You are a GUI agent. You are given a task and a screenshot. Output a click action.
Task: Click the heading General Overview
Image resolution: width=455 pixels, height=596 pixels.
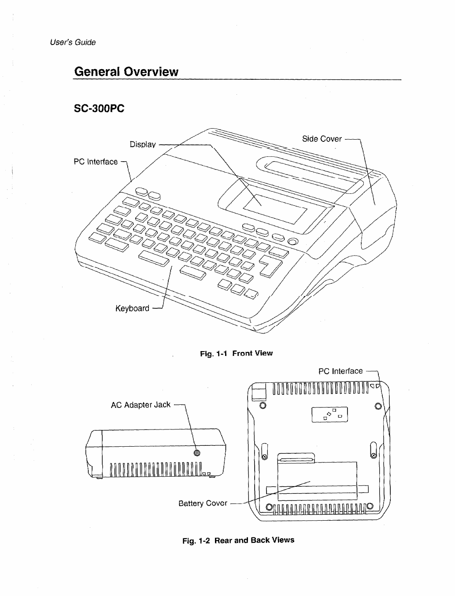[x=126, y=71]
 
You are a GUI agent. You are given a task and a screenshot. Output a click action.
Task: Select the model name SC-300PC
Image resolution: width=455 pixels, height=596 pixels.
[x=100, y=108]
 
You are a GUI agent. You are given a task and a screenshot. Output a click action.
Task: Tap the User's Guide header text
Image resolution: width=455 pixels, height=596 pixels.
[x=73, y=42]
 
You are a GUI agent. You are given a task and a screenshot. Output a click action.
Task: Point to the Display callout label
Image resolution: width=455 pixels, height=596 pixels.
[x=143, y=144]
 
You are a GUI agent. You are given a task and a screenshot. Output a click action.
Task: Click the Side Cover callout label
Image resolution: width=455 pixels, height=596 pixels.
[x=322, y=139]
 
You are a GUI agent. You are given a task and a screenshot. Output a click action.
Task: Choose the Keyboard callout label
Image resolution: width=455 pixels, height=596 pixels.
[x=132, y=308]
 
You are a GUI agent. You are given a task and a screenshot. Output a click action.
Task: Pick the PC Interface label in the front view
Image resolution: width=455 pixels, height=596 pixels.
[x=96, y=162]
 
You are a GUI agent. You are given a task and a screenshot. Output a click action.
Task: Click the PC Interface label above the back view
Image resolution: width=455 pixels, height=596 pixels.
[x=340, y=371]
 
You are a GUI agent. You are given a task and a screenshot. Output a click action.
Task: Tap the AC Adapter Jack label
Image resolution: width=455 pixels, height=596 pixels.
[x=141, y=405]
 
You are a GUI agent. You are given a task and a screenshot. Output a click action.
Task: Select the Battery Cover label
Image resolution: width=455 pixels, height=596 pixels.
[x=203, y=503]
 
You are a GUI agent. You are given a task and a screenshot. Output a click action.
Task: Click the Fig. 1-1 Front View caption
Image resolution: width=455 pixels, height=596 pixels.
[x=236, y=353]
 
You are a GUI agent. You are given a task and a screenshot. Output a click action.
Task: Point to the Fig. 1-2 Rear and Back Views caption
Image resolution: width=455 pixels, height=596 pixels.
[x=238, y=540]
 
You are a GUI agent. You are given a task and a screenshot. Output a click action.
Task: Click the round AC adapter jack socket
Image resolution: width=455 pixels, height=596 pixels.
[x=197, y=453]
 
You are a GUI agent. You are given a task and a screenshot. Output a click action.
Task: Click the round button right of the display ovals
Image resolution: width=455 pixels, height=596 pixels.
[x=293, y=241]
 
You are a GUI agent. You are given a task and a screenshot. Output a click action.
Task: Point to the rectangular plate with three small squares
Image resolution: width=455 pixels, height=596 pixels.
[x=330, y=415]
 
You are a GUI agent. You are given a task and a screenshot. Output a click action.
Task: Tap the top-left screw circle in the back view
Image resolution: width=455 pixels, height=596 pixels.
[x=263, y=405]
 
